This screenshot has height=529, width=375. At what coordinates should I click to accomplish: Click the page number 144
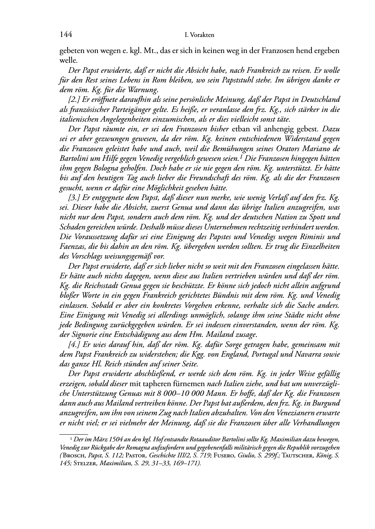coord(66,35)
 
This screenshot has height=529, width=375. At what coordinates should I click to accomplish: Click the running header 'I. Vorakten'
coord(199,35)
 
